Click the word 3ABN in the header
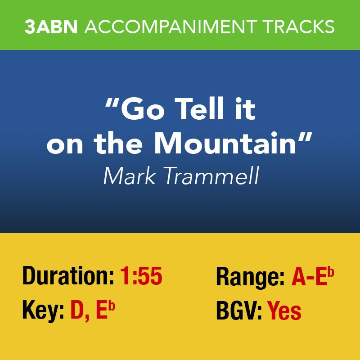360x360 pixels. pos(51,27)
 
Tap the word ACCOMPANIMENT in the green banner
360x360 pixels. pos(171,27)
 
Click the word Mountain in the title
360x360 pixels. pos(225,143)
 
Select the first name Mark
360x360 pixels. pos(129,175)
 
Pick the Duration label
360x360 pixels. pos(68,276)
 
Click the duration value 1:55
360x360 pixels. pos(141,276)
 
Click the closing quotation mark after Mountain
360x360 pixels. pos(306,138)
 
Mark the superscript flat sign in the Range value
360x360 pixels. pos(331,272)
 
